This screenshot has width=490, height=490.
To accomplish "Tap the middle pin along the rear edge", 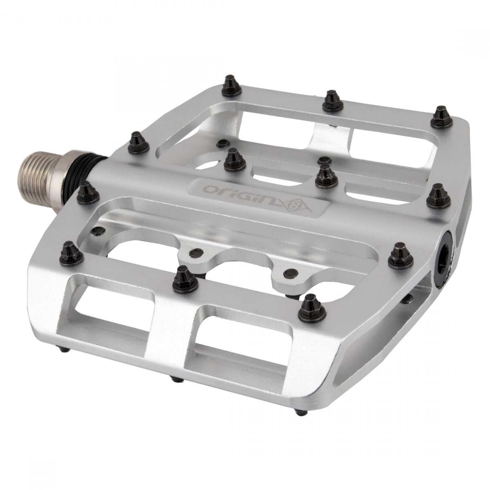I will click(333, 101).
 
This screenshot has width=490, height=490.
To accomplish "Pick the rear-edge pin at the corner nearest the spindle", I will click(232, 85).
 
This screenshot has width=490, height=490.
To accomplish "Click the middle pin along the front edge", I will click(185, 278).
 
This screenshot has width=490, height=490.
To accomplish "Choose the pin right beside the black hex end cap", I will click(401, 256).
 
